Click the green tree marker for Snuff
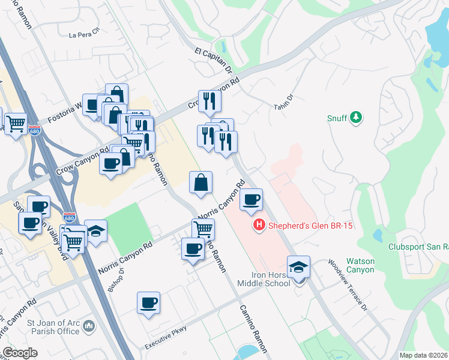tap(356, 116)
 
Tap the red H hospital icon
tap(259, 226)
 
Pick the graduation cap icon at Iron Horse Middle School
tap(298, 267)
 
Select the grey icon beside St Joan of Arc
tap(89, 326)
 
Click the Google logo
tap(19, 353)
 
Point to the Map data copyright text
tap(423, 355)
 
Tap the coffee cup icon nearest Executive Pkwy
tap(148, 303)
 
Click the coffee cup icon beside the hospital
tap(252, 200)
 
